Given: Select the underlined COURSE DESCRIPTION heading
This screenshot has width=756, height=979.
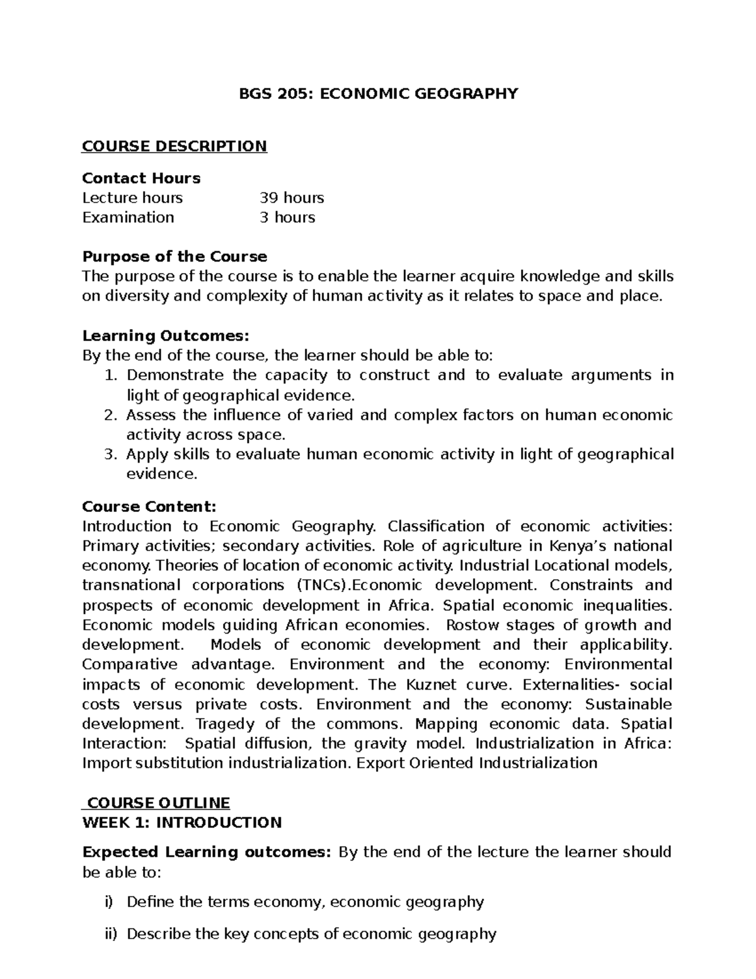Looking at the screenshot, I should point(175,146).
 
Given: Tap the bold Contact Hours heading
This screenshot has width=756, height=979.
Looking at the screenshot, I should point(141,178).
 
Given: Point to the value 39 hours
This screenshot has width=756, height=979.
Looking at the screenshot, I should point(292,198).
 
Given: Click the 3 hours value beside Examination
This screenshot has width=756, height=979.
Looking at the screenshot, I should point(287,217).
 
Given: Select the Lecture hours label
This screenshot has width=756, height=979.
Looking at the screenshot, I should point(132,198).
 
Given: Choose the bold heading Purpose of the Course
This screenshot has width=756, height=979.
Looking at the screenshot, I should point(175,257).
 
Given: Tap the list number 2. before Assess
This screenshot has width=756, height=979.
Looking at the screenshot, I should point(111,415).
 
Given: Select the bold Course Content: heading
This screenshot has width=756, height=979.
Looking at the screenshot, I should point(149,507).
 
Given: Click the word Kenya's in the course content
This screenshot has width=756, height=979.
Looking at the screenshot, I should point(578,546).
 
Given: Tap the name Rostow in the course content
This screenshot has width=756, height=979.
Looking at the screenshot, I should point(472,625).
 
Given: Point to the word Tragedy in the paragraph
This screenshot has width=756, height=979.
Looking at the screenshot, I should point(225,724).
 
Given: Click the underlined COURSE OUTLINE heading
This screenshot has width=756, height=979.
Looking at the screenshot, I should point(158,802).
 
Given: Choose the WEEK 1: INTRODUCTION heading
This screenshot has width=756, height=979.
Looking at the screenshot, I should point(182,823).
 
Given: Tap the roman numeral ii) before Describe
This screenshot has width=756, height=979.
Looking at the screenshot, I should point(111,934).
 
